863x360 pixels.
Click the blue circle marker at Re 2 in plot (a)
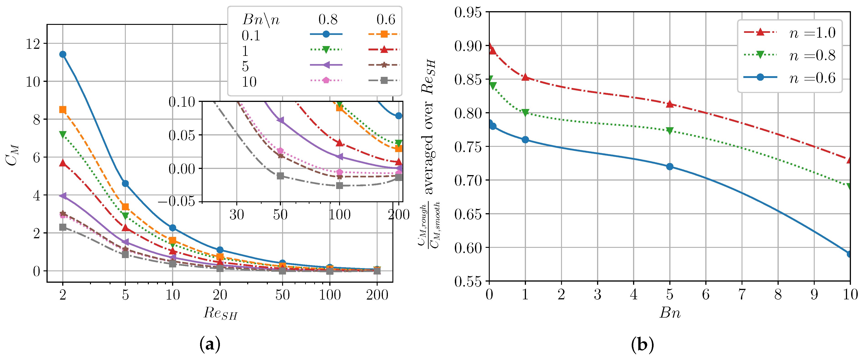click(63, 54)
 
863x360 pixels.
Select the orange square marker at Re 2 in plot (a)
click(63, 110)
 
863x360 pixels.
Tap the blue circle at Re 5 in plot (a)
click(125, 183)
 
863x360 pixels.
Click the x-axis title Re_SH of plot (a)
click(220, 313)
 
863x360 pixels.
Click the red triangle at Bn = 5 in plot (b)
click(670, 104)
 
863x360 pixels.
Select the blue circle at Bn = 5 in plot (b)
click(670, 167)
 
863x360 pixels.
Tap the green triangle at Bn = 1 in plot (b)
click(525, 113)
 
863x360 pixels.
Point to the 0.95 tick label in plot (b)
click(468, 12)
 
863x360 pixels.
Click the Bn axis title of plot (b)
click(670, 313)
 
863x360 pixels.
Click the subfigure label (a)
click(210, 344)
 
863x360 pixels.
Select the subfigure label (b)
click(642, 344)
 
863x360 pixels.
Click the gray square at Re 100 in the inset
click(339, 185)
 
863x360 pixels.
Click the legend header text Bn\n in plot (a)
click(261, 20)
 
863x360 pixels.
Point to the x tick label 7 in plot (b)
click(742, 295)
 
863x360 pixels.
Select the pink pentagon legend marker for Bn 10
click(326, 80)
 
